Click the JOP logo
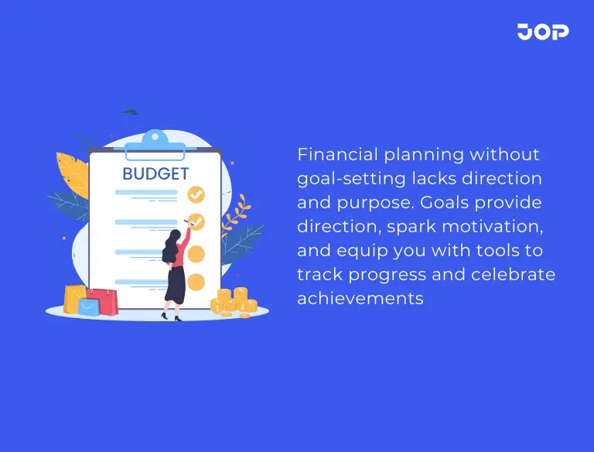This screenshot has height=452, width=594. tap(543, 32)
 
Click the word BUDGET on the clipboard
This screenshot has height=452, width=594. tap(155, 173)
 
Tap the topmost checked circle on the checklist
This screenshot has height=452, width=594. tap(196, 193)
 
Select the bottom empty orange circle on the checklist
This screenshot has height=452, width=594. tap(196, 281)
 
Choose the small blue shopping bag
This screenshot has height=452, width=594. tap(90, 306)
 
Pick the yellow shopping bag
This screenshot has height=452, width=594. tap(74, 298)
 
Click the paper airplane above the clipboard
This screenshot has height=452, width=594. tap(129, 112)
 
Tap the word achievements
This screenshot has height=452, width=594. tap(360, 298)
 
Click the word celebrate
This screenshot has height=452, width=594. tap(516, 275)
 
